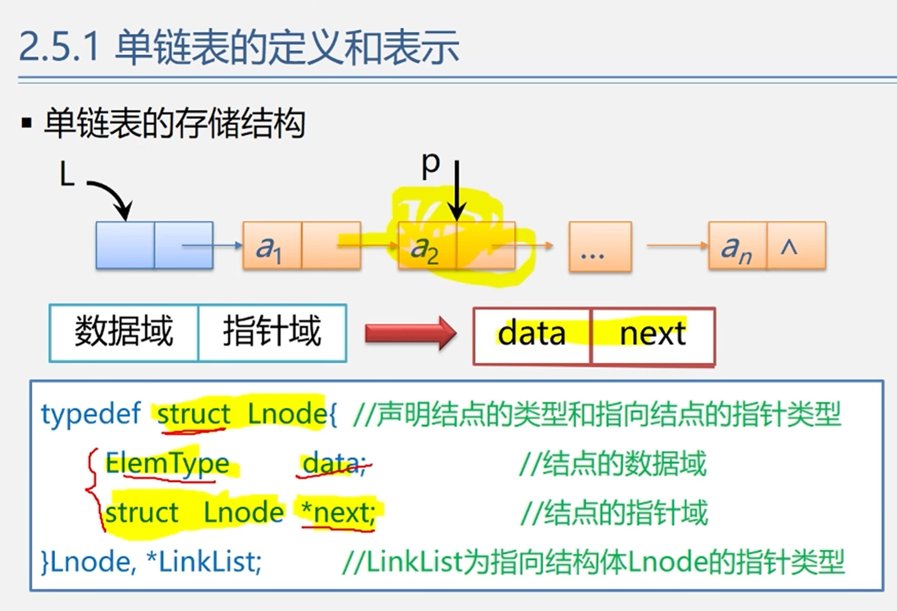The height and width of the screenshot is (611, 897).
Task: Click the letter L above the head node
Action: [67, 174]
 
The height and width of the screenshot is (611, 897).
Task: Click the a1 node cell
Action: [272, 246]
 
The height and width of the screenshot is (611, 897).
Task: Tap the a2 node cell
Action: [426, 247]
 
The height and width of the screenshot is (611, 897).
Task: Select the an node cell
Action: [737, 247]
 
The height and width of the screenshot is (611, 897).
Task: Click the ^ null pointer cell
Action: [796, 246]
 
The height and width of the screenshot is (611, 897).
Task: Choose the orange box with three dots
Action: [600, 247]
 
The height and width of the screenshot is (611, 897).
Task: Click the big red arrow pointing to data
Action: [411, 333]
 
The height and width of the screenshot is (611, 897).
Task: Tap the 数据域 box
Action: [124, 332]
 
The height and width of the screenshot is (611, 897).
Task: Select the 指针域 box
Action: [272, 332]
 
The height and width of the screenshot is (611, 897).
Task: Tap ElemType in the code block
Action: [168, 464]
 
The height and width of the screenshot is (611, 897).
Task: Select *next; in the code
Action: [339, 513]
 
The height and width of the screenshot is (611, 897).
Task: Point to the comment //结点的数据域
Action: [613, 464]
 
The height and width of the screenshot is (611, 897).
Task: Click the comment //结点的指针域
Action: [614, 513]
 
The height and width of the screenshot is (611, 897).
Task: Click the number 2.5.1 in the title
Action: [59, 47]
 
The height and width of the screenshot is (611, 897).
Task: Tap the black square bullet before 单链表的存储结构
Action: [27, 123]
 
